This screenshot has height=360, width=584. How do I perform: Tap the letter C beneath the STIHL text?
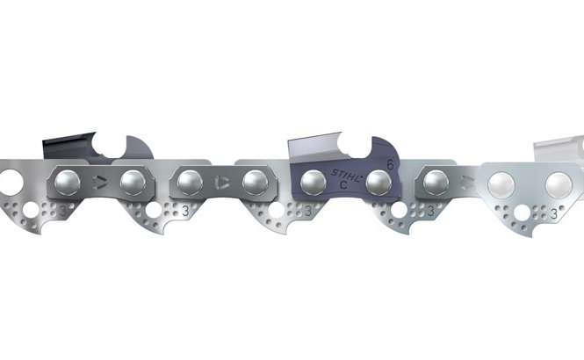click(342, 187)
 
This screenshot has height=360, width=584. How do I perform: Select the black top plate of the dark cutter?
click(66, 141)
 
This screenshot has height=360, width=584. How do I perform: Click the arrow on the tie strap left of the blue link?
click(219, 184)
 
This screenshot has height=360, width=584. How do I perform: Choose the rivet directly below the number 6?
click(379, 182)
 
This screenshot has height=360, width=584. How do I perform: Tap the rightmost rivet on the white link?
click(557, 184)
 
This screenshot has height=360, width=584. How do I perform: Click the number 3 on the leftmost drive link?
click(64, 212)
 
